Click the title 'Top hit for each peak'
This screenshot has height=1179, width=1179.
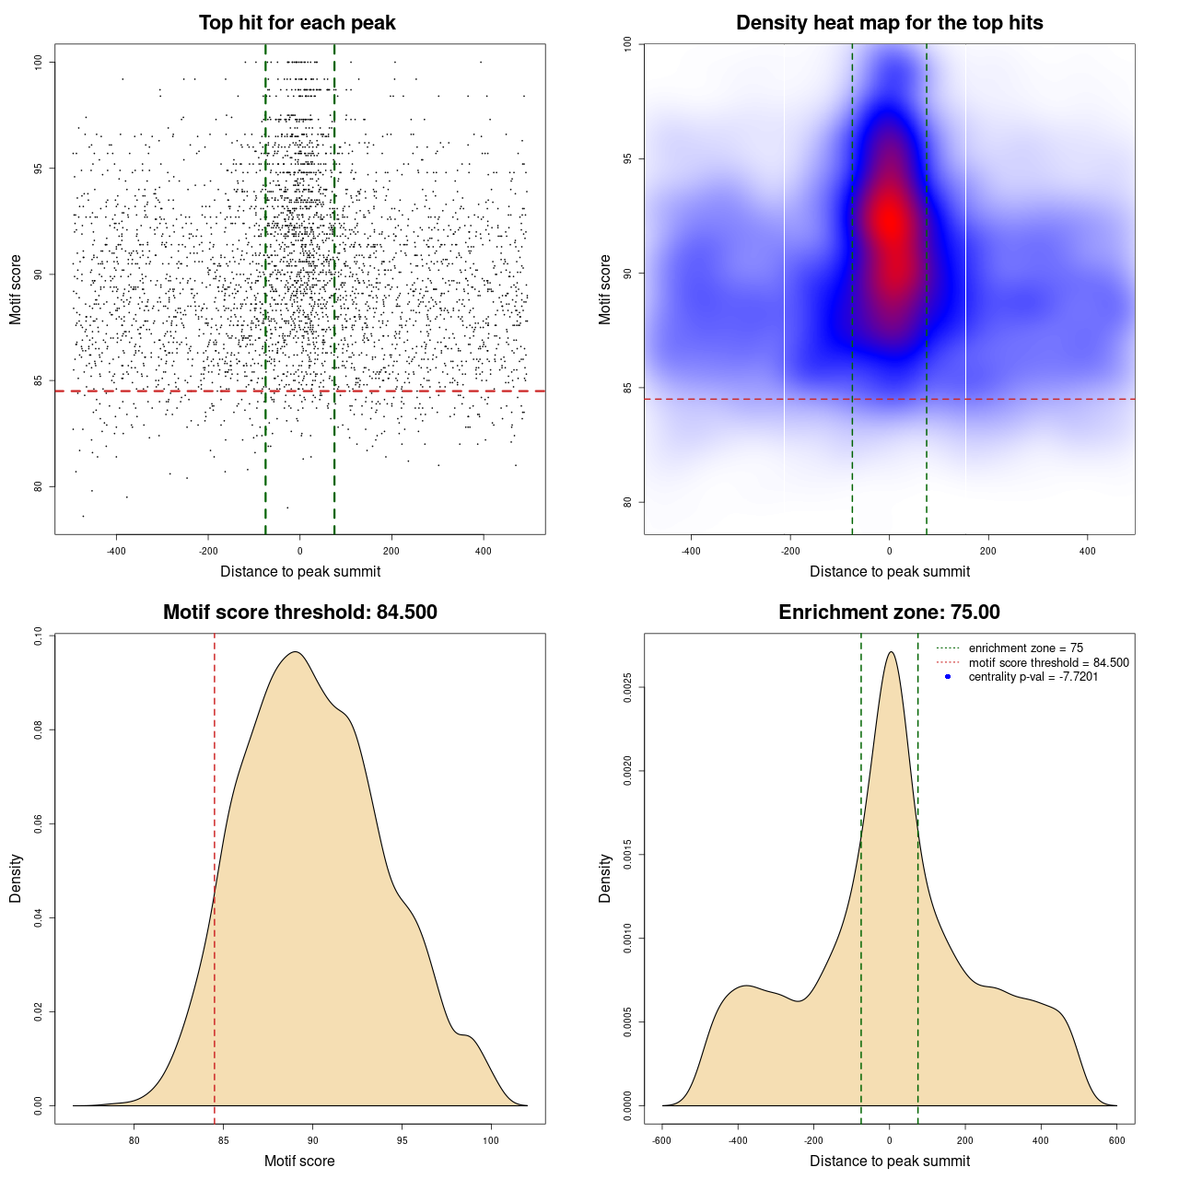click(298, 23)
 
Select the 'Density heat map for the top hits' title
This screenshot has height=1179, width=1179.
click(889, 23)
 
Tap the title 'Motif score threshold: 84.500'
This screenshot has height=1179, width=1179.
click(299, 613)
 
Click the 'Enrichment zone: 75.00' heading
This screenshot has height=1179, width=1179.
click(889, 613)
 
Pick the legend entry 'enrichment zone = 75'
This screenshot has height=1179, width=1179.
click(1025, 648)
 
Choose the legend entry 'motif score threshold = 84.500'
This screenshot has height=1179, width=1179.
click(1048, 662)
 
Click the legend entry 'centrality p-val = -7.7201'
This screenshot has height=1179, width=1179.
click(1033, 677)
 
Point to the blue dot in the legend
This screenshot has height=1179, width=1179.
click(948, 677)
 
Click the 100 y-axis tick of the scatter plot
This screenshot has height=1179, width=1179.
click(38, 62)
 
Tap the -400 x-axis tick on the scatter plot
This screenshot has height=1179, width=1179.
click(116, 551)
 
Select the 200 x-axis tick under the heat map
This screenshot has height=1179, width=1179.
click(988, 551)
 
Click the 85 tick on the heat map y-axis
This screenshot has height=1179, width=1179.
click(627, 388)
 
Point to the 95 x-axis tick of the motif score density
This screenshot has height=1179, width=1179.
click(402, 1140)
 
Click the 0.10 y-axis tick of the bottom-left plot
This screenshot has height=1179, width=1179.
click(38, 636)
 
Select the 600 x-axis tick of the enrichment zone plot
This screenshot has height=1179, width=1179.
click(1116, 1140)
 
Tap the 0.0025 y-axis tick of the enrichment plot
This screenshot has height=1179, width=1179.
click(627, 687)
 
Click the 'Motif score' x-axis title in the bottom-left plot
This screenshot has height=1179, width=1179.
click(299, 1161)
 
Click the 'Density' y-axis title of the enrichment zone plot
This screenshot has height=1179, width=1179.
click(605, 878)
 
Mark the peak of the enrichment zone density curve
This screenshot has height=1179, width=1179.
click(891, 652)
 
